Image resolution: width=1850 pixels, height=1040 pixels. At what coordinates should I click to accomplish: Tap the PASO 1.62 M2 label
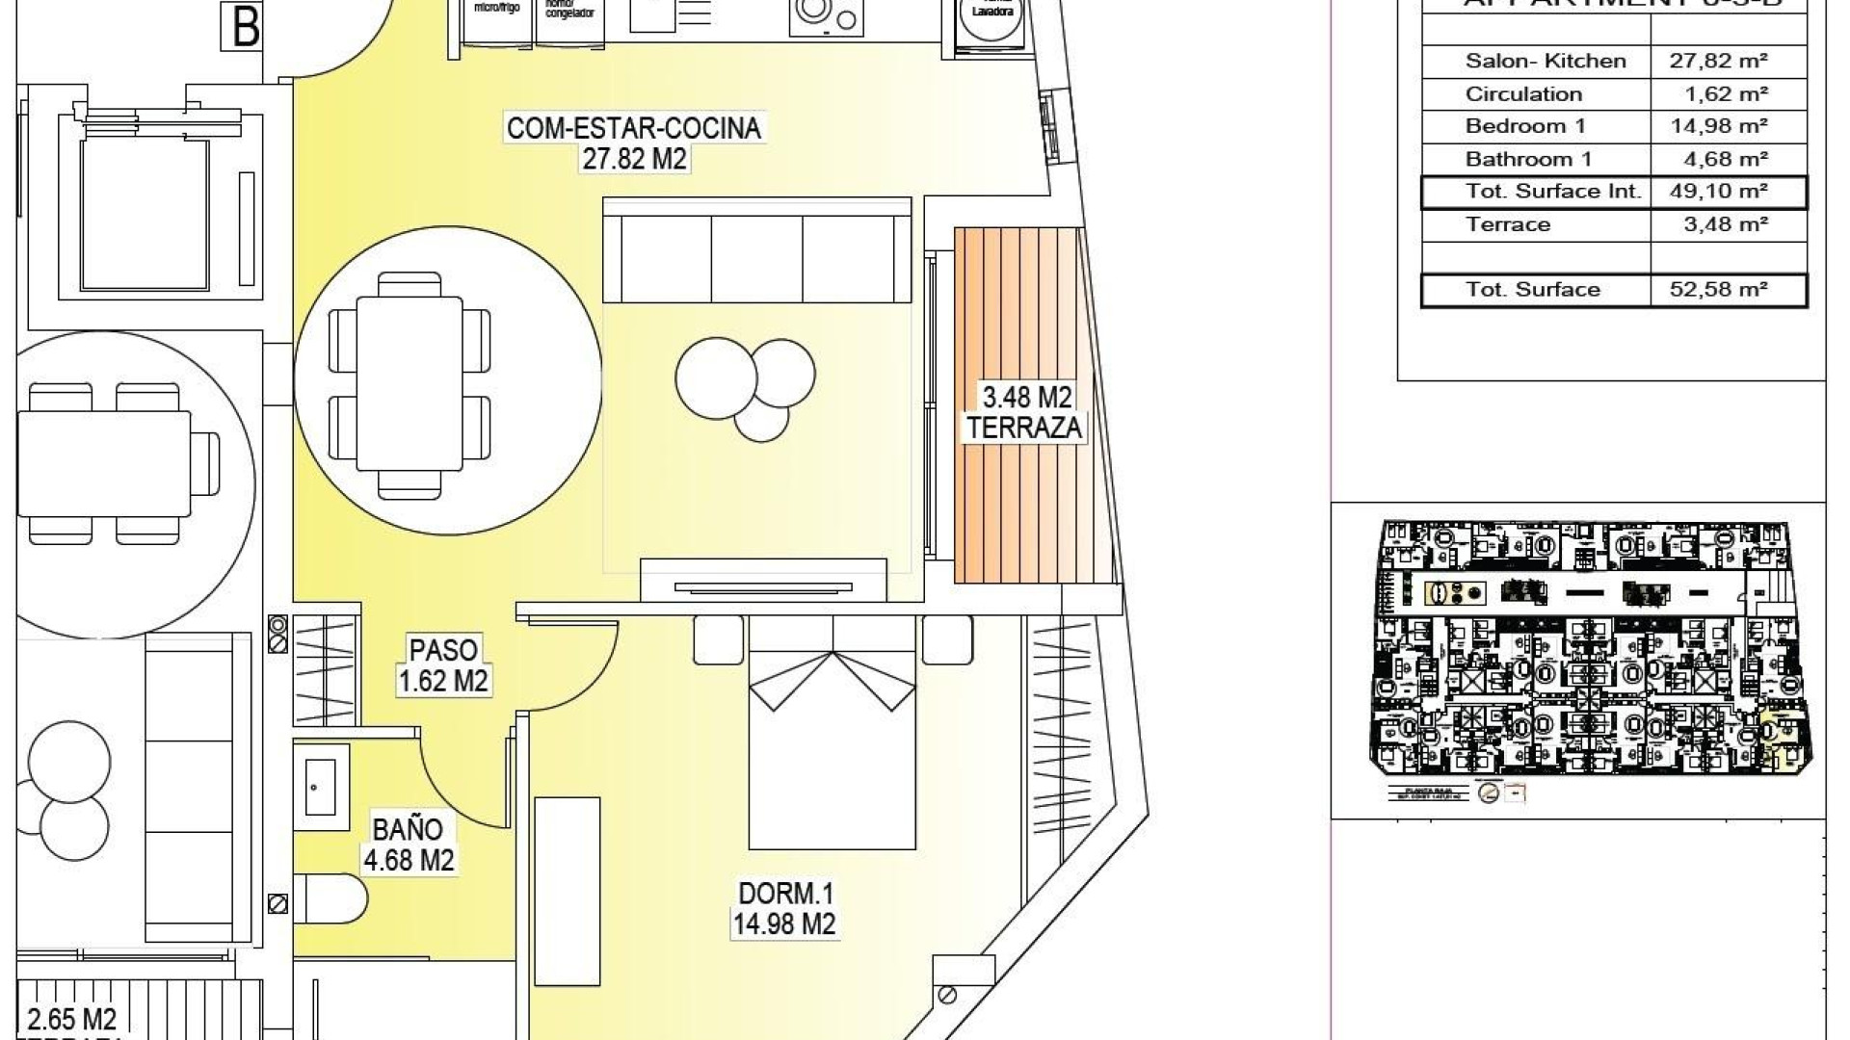coord(443,664)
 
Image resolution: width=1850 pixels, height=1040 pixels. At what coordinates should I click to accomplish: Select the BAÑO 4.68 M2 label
coord(408,844)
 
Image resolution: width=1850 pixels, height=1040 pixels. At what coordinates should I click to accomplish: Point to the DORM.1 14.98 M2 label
coord(784,908)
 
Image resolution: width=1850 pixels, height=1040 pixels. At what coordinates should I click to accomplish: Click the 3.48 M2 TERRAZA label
coord(1025,411)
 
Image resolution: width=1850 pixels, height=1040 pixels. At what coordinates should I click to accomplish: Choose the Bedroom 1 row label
coord(1524,126)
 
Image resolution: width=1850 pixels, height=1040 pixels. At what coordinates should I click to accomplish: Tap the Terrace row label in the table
coord(1508,224)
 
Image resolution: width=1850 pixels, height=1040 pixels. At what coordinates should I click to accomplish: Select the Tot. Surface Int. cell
coord(1552,191)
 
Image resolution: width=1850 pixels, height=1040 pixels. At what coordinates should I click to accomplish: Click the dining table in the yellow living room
coord(410,384)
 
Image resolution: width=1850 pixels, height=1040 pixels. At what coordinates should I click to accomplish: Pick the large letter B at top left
coord(246,26)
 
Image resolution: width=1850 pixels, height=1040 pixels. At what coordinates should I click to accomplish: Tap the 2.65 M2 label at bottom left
coord(73,1019)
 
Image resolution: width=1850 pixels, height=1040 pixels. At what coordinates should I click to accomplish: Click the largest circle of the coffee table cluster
coord(716,377)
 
